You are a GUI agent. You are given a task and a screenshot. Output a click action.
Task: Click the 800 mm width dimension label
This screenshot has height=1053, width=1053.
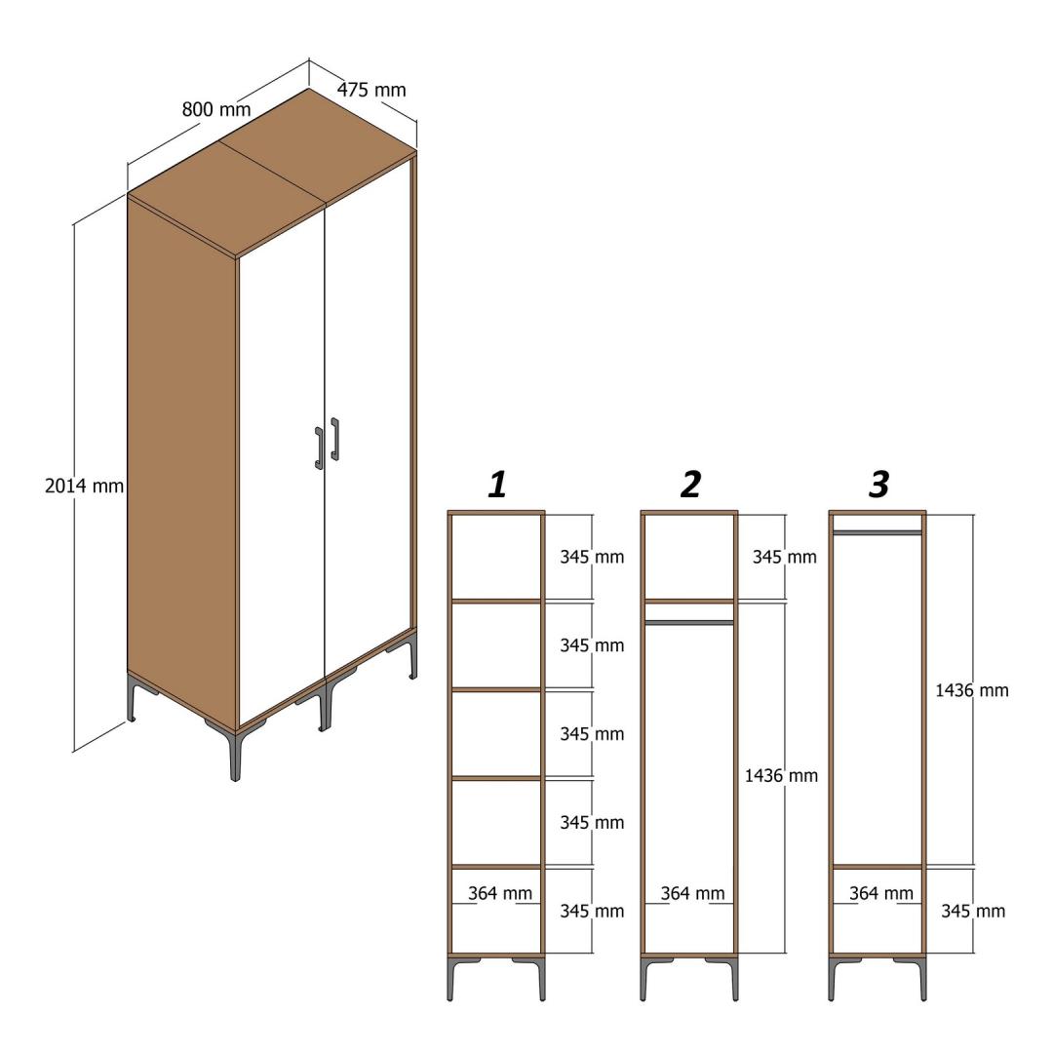[216, 109]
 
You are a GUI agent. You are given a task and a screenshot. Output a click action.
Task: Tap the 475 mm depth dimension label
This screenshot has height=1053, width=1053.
[371, 90]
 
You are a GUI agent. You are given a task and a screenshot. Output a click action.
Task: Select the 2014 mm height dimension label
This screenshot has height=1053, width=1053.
[85, 486]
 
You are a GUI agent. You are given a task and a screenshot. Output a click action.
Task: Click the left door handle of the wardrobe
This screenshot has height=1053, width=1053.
[319, 448]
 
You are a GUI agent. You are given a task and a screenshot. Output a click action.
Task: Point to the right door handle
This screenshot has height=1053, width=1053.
[334, 439]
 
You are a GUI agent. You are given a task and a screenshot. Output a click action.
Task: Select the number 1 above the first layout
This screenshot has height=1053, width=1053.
[497, 485]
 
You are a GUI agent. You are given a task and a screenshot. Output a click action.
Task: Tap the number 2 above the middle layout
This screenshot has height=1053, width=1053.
[690, 485]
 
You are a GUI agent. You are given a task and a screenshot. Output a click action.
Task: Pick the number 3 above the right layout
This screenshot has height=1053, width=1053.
[879, 485]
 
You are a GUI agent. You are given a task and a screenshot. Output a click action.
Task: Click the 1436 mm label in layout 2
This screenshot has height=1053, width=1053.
[781, 776]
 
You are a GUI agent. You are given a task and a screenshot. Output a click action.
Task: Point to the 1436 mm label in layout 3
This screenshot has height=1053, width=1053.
[972, 689]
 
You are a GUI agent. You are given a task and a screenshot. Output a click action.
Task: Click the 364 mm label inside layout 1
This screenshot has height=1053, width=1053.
[500, 893]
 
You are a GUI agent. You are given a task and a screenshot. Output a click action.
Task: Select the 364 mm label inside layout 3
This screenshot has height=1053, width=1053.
[881, 893]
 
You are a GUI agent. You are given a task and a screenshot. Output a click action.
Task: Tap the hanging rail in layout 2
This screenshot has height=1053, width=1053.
[689, 622]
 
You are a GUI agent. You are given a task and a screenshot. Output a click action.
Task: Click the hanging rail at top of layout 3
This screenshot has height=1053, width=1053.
[877, 532]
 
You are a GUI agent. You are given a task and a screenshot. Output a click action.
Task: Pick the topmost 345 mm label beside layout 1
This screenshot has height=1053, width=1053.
[593, 557]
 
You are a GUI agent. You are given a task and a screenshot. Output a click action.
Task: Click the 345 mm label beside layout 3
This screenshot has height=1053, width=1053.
[973, 912]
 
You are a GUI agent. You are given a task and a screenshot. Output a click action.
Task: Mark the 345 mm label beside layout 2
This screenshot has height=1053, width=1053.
[784, 557]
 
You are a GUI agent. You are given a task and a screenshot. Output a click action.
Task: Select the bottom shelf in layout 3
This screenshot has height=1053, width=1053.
[877, 867]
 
